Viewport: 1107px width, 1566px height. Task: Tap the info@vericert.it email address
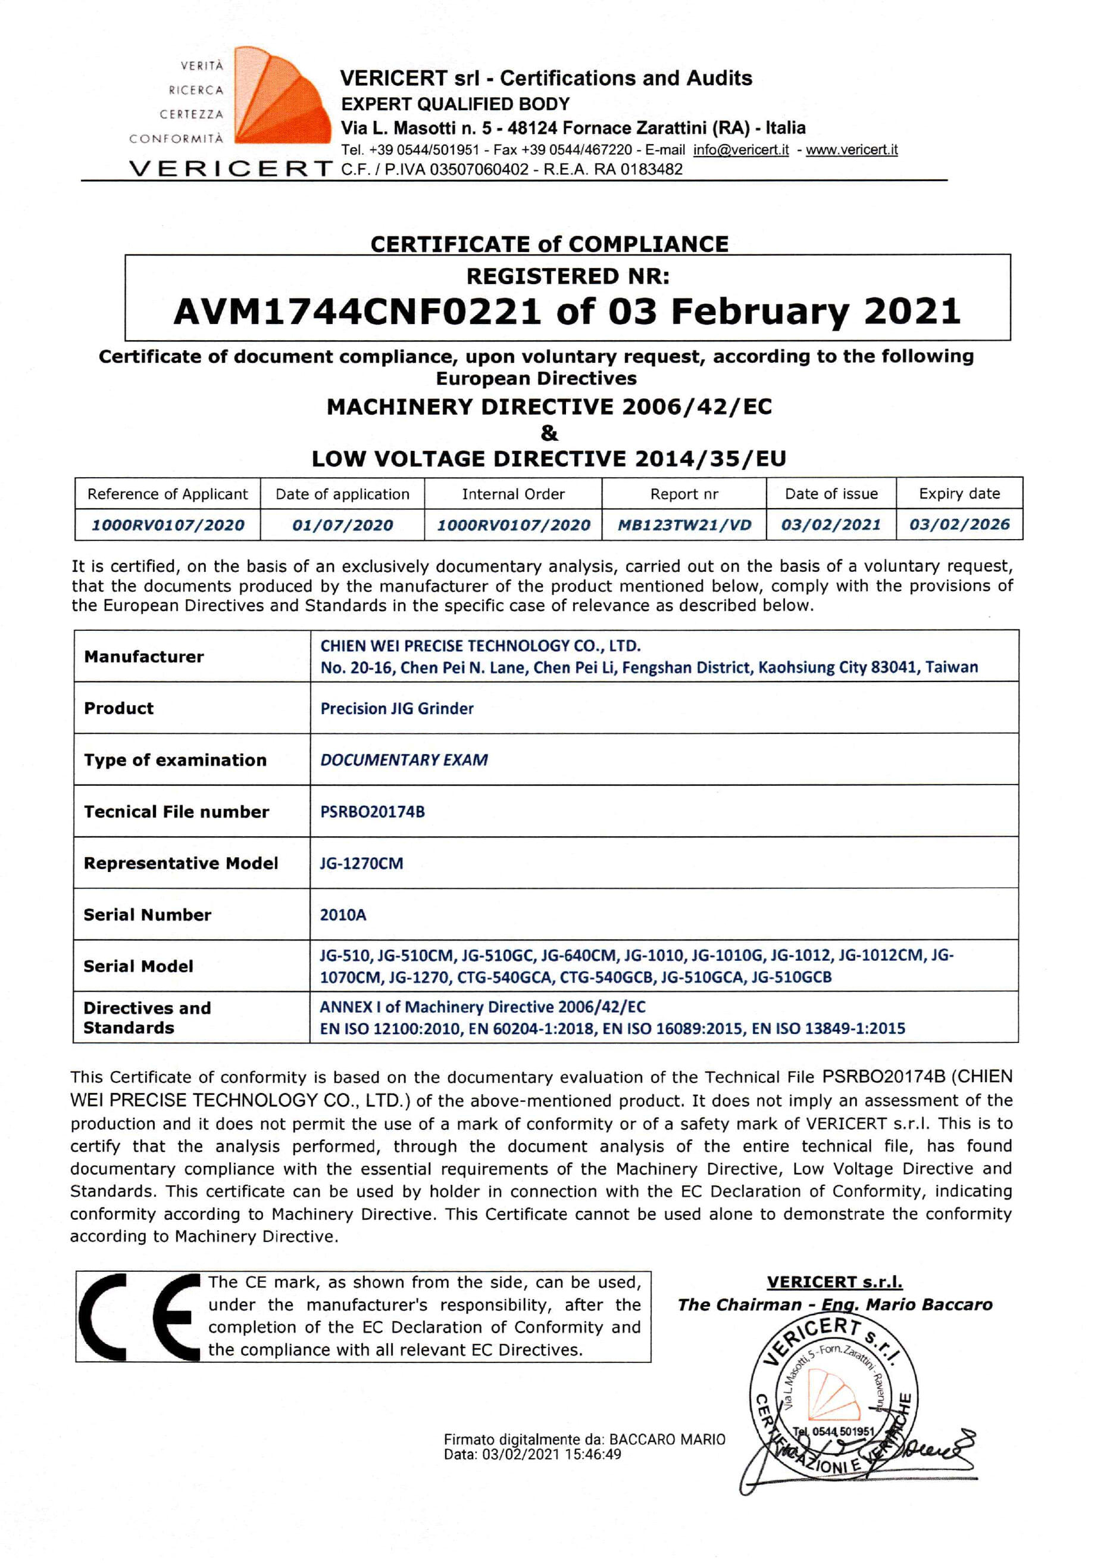coord(741,150)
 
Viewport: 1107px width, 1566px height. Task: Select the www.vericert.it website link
coord(852,150)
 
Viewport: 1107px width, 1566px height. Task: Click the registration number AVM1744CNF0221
coord(357,312)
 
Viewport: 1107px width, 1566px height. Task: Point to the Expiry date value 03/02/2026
coord(959,525)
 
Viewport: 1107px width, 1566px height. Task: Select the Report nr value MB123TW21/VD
coord(684,525)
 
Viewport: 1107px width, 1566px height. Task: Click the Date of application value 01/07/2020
coord(342,525)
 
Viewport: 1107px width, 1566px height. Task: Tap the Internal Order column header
coord(512,494)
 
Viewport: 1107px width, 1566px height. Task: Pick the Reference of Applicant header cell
coord(168,494)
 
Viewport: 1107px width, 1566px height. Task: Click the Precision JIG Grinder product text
coord(397,709)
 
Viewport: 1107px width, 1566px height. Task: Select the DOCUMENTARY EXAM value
coord(404,760)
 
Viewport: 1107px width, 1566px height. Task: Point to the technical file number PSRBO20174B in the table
coord(372,812)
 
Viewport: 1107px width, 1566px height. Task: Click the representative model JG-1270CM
coord(361,864)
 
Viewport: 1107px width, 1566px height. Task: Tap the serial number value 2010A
coord(343,914)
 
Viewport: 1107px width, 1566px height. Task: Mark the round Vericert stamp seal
coord(833,1397)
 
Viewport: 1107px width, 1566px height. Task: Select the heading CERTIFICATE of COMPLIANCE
coord(549,244)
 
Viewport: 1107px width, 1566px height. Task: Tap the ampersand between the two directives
coord(549,433)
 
